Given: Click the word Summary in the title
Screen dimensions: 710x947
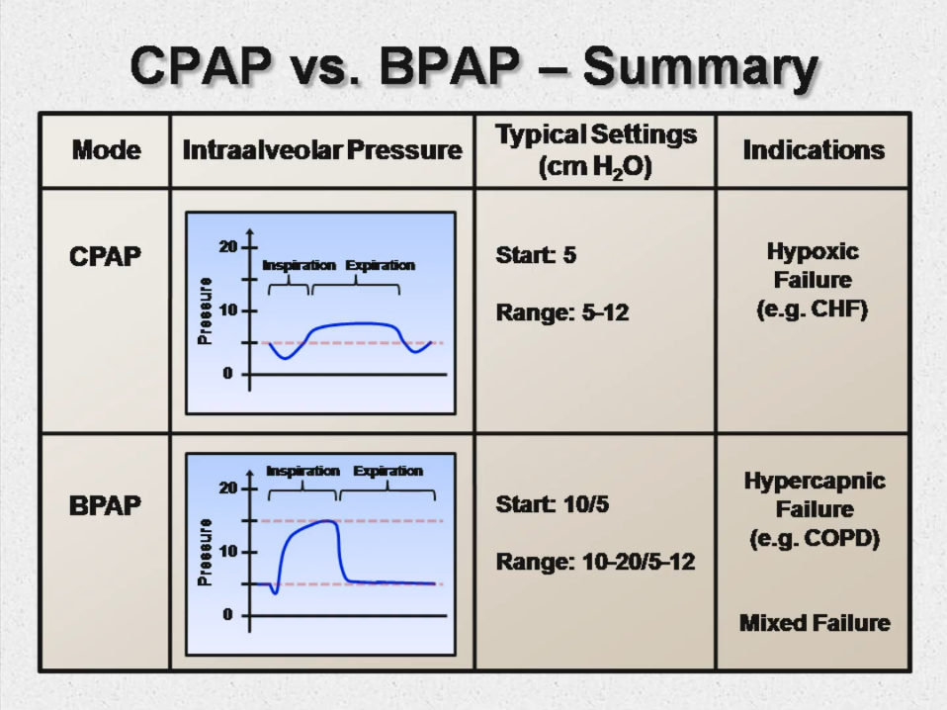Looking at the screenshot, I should (x=700, y=69).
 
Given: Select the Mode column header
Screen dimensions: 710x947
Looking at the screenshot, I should (x=106, y=150).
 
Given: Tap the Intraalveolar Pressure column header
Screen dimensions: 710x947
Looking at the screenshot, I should (x=322, y=150).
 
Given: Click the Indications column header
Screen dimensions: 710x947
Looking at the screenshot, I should (x=813, y=150).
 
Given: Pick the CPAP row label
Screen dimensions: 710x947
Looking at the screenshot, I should (x=105, y=256).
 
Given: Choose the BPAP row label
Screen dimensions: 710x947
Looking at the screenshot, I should (x=105, y=505).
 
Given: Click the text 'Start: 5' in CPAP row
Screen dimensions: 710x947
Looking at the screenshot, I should (x=536, y=256).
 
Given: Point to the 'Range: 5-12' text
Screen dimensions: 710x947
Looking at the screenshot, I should (x=561, y=313).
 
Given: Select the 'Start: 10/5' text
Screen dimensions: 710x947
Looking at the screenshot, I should (x=552, y=505).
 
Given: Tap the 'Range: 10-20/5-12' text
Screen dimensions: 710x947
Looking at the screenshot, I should (x=595, y=563).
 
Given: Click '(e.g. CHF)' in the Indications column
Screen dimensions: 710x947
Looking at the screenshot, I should (x=813, y=310).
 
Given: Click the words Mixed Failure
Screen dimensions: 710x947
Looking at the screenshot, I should (x=815, y=623).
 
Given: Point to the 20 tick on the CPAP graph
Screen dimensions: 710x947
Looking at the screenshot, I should (x=227, y=246).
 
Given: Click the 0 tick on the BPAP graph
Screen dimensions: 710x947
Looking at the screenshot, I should (x=227, y=615).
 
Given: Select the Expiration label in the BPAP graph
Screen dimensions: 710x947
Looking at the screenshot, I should (x=387, y=471).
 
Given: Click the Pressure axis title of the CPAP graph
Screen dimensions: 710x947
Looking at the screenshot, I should (x=206, y=310).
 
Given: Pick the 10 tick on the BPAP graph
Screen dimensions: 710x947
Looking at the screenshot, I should (x=227, y=552).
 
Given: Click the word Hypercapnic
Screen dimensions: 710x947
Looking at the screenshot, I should (x=815, y=482).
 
